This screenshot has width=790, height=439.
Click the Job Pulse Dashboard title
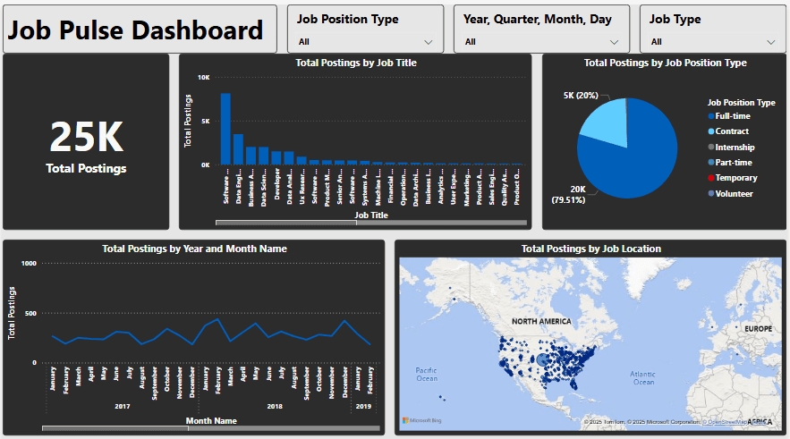[x=136, y=30]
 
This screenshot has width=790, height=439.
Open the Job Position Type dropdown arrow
[x=429, y=41]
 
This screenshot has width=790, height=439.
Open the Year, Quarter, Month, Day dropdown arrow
[x=614, y=41]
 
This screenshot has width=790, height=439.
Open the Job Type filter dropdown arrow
[x=771, y=41]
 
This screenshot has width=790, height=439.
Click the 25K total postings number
[x=86, y=137]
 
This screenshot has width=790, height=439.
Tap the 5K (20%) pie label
[x=581, y=96]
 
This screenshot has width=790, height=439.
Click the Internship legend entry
[x=735, y=147]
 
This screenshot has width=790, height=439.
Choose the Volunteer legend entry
[x=734, y=193]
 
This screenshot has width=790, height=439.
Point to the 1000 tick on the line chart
[x=29, y=264]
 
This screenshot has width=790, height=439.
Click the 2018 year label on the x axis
[x=276, y=406]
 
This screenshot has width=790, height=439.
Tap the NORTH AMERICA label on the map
[x=542, y=320]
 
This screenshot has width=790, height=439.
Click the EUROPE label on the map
[x=757, y=329]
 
